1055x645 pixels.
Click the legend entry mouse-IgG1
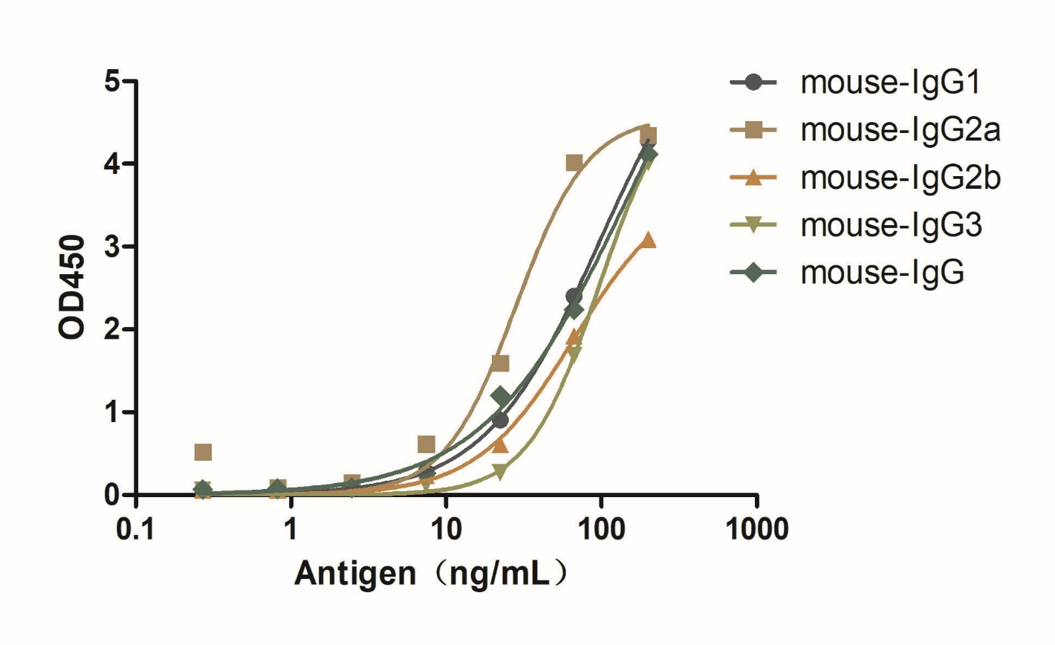click(889, 82)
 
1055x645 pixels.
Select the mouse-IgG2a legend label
click(900, 130)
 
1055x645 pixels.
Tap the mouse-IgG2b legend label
click(900, 178)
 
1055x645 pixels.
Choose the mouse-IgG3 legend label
click(891, 224)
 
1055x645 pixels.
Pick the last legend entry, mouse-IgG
click(882, 272)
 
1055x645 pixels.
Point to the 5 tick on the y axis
click(111, 81)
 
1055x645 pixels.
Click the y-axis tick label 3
click(111, 247)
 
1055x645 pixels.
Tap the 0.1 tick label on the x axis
click(136, 530)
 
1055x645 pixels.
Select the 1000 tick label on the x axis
click(756, 530)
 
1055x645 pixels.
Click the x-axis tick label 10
click(446, 530)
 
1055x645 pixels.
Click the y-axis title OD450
click(73, 288)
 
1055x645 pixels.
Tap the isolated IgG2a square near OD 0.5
click(203, 452)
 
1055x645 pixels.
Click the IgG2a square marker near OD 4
click(574, 163)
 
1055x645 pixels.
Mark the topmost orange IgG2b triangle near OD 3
click(648, 239)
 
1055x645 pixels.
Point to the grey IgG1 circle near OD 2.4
click(574, 296)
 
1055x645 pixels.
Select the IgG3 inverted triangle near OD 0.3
click(500, 471)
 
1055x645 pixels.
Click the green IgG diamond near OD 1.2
click(501, 396)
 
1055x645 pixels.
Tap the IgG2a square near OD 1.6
click(500, 363)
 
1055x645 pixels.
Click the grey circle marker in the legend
click(753, 82)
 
